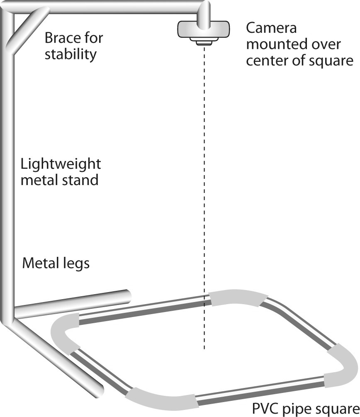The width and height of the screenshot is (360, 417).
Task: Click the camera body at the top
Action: click(x=203, y=30)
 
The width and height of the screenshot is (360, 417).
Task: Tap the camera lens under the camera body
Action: click(x=203, y=42)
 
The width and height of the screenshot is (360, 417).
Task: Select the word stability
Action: click(x=71, y=54)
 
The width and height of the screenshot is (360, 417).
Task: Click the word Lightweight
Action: click(x=61, y=164)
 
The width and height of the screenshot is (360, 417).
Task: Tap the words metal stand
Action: click(x=60, y=180)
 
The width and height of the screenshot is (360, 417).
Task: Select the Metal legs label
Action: click(x=56, y=263)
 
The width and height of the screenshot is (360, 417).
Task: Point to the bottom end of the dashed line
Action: click(x=204, y=348)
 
